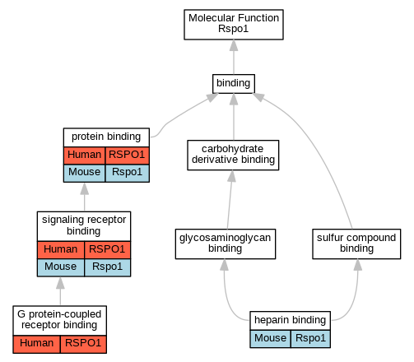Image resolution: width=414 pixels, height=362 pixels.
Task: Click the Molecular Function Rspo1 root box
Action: [x=234, y=25]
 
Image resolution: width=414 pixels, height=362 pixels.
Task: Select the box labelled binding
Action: [x=234, y=84]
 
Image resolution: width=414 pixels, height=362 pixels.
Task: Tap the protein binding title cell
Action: [x=106, y=137]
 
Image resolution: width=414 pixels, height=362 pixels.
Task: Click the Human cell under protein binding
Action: [x=84, y=155]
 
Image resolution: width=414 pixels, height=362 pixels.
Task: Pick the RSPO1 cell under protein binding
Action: [x=128, y=155]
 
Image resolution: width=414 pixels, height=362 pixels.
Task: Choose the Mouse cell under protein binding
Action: [x=84, y=173]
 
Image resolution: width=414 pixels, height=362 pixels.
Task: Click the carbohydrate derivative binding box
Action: [x=233, y=155]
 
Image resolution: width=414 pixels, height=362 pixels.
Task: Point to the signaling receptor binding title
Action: [x=84, y=226]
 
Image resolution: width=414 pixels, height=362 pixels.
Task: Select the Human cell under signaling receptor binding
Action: [x=61, y=250]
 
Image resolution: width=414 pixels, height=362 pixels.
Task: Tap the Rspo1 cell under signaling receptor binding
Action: [x=108, y=267]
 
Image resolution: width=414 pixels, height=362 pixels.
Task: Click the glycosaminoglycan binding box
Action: [x=226, y=244]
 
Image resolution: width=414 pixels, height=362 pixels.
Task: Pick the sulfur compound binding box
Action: [x=356, y=244]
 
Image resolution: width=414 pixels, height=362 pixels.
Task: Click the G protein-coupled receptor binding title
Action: [x=59, y=320]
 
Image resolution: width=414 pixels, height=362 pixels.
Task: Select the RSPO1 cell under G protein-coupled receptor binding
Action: [x=83, y=344]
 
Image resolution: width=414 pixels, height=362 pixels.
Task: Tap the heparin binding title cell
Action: [x=290, y=321]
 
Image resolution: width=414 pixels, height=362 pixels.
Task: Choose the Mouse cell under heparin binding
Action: [x=270, y=339]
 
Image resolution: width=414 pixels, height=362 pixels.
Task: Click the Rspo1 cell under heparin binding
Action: [x=310, y=339]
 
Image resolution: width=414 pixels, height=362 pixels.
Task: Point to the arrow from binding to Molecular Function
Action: [x=234, y=57]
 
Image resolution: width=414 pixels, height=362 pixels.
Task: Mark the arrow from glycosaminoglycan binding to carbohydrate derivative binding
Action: [x=230, y=200]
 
